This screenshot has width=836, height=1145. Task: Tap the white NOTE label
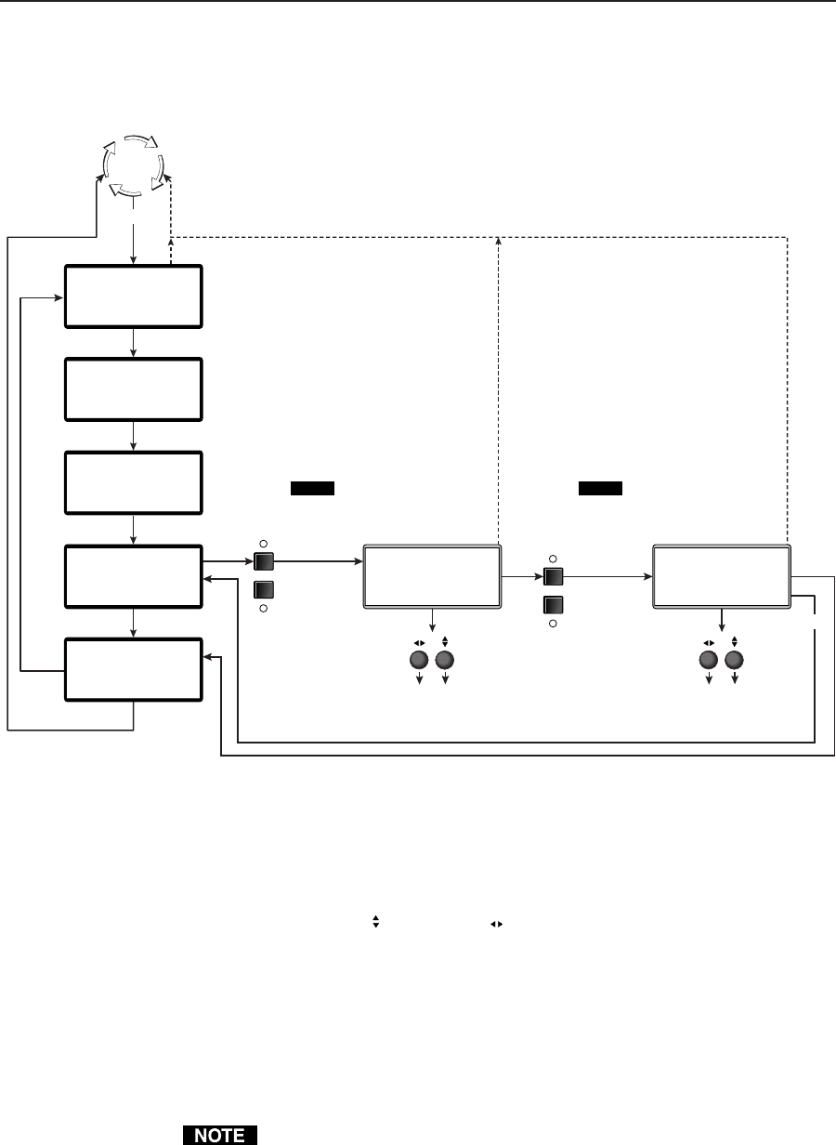[x=213, y=1135]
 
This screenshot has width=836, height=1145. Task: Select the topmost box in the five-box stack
[x=133, y=296]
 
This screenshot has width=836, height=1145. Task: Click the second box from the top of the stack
[x=133, y=389]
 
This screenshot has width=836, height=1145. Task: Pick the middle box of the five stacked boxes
[x=133, y=482]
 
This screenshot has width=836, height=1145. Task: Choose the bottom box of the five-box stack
[x=133, y=669]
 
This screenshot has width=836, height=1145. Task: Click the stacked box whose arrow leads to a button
[x=133, y=576]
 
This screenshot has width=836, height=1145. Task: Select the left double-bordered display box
[x=431, y=576]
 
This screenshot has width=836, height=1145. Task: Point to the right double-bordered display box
[x=721, y=576]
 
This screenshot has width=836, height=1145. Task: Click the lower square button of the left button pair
[x=263, y=588]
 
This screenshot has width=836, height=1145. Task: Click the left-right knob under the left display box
[x=419, y=660]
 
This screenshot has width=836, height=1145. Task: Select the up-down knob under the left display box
[x=445, y=660]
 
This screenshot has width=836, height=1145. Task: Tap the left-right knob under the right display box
[x=709, y=660]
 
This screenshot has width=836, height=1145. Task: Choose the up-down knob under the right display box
[x=735, y=660]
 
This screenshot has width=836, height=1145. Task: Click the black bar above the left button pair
[x=311, y=489]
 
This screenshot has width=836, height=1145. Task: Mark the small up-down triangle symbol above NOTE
[x=376, y=921]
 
